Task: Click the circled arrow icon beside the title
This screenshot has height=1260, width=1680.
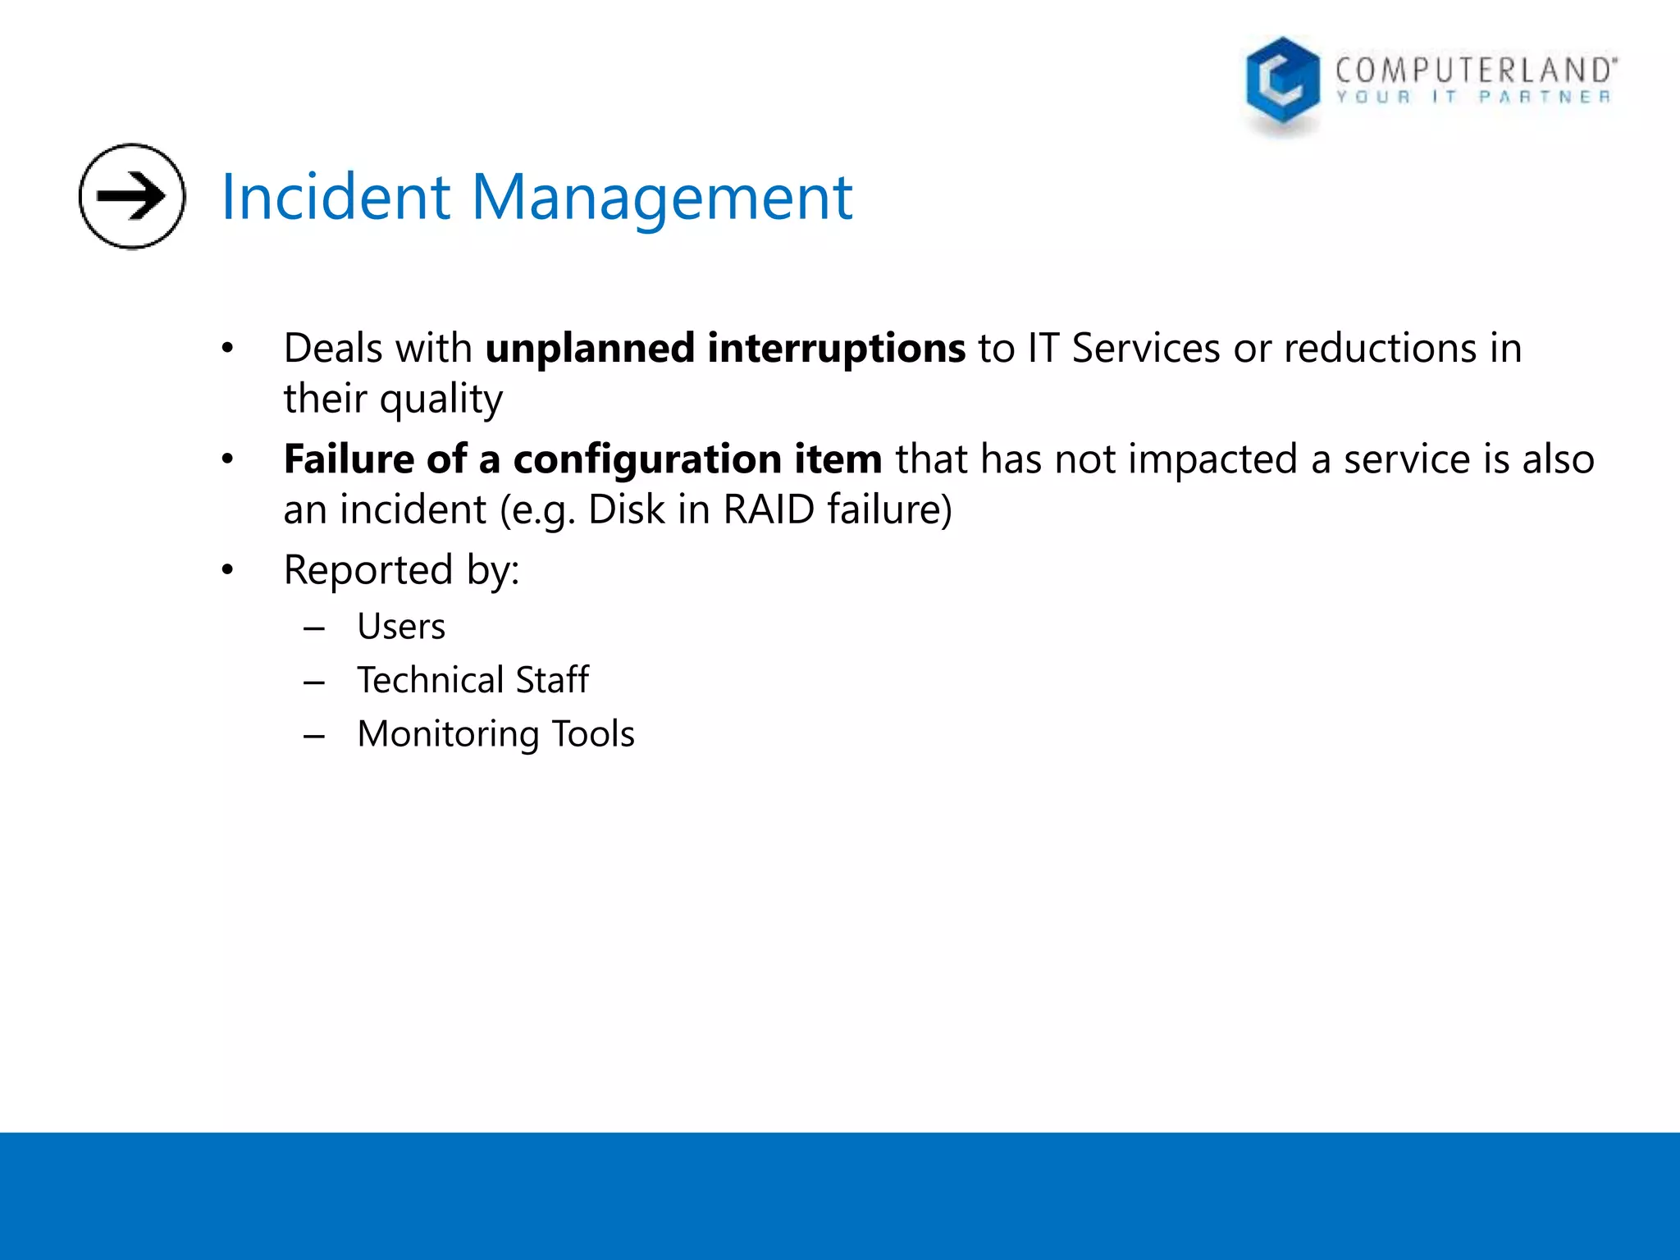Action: (132, 196)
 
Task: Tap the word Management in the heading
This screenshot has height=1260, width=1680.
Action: (661, 199)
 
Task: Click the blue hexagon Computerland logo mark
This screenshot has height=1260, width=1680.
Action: (1282, 82)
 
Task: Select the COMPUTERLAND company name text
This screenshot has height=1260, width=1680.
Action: (1474, 70)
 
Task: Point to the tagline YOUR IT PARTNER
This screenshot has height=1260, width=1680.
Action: (1473, 98)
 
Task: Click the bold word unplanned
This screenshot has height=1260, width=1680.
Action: (590, 349)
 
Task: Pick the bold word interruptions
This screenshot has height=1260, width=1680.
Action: (836, 349)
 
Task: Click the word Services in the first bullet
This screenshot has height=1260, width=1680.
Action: (1146, 349)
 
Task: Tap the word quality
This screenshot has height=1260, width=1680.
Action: (441, 400)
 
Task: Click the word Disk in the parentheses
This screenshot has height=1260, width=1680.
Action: (626, 509)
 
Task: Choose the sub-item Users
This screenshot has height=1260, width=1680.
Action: (401, 627)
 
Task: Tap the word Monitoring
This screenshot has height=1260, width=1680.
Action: (448, 734)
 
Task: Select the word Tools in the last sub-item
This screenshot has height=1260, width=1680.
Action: (593, 734)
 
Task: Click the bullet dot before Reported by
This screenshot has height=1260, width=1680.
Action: (227, 569)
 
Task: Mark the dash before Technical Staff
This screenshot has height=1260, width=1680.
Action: (314, 682)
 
